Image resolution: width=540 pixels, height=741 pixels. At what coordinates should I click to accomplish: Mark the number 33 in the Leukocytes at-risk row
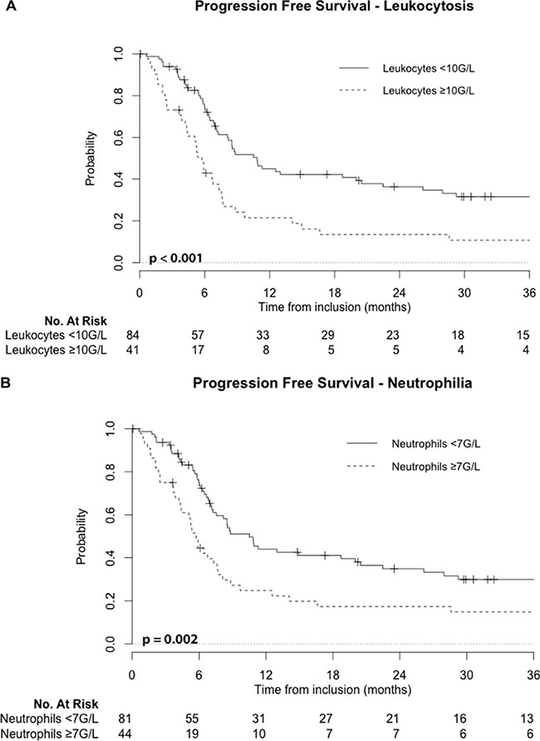(x=271, y=333)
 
